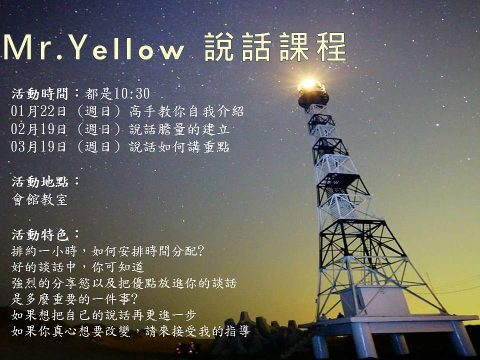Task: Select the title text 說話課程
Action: (275, 47)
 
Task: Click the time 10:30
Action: (132, 93)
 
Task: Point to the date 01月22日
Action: (38, 111)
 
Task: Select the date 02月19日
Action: (38, 129)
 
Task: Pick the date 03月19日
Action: (38, 146)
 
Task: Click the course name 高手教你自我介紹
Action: (186, 111)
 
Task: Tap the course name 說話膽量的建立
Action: (179, 129)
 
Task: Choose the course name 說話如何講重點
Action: (179, 146)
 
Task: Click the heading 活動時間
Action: (40, 93)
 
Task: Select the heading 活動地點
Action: (40, 182)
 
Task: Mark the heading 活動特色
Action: (40, 235)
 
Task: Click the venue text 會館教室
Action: (39, 199)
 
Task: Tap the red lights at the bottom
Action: (185, 347)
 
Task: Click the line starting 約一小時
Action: (108, 251)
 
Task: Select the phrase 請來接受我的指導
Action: (198, 331)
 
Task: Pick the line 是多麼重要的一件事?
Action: (74, 299)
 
